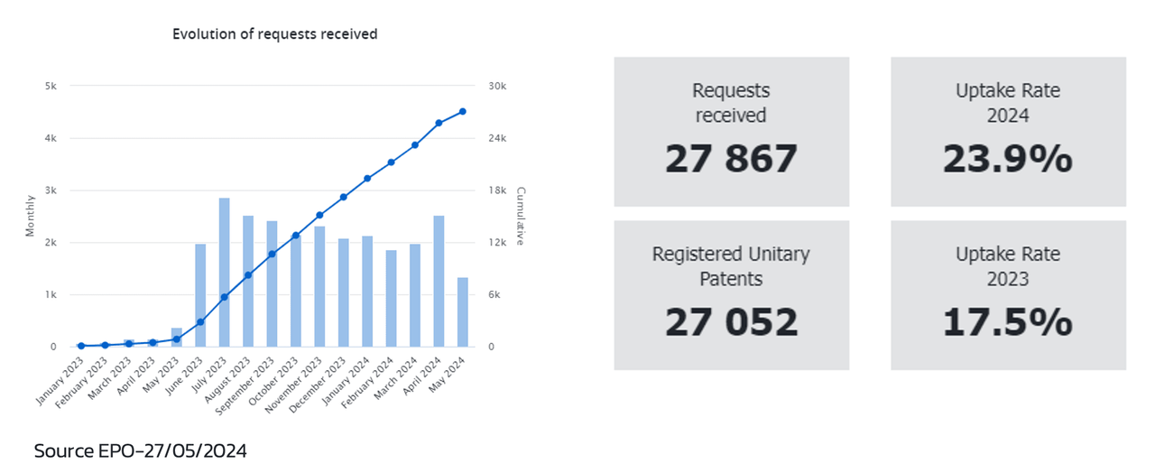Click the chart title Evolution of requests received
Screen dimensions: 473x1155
point(274,34)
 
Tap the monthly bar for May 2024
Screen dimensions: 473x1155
point(463,312)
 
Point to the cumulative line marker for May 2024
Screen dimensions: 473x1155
point(463,111)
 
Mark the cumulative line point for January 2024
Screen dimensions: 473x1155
point(367,179)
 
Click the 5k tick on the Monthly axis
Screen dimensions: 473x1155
point(51,87)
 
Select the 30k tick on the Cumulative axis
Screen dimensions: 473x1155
point(498,87)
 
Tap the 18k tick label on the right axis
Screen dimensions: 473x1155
point(498,190)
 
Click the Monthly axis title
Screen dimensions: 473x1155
point(30,215)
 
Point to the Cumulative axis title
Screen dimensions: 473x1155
point(521,217)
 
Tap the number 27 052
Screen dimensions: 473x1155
point(731,322)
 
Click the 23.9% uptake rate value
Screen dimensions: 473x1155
point(1008,160)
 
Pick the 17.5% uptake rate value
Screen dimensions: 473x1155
point(1008,322)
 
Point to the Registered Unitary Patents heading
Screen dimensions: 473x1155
point(731,266)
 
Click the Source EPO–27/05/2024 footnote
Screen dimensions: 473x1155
point(140,450)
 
